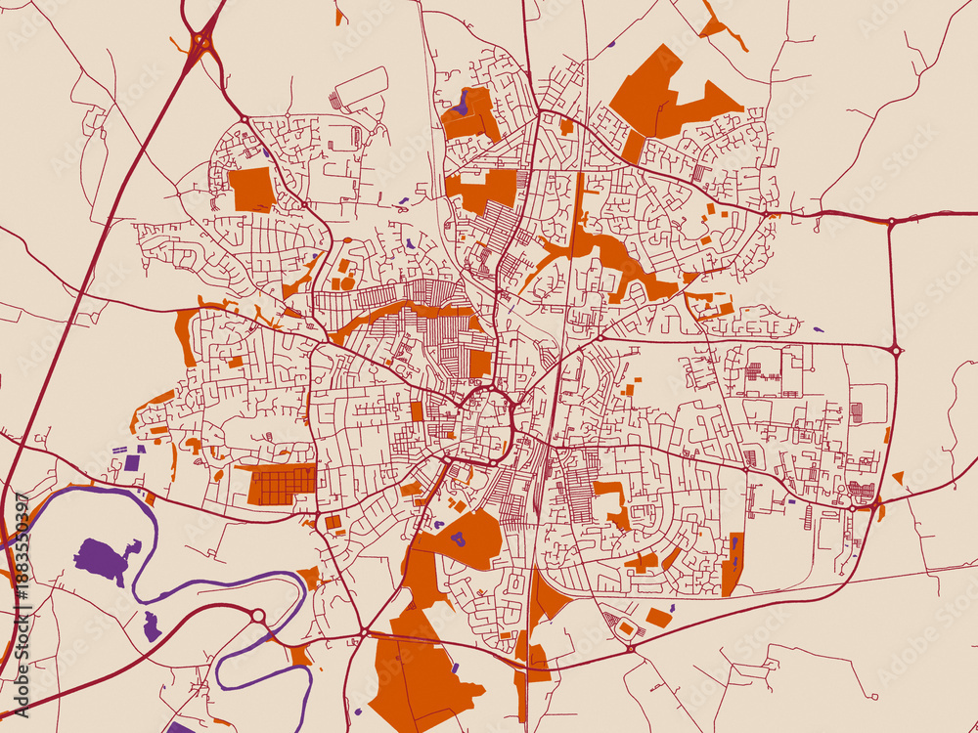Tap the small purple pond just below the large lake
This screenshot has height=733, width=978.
point(151,626)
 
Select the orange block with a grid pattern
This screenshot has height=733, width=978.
point(282,485)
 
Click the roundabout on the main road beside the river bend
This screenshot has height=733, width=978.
point(258,616)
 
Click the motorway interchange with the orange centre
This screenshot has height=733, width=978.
point(201,41)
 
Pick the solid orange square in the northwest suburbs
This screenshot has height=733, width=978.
point(252,189)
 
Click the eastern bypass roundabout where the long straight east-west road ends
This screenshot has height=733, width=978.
point(895,349)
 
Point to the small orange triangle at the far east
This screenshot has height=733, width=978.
point(898,477)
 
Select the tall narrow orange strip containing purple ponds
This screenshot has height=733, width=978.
point(733,564)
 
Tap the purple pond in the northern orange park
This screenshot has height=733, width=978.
point(462,103)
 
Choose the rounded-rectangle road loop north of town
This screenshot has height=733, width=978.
point(359,88)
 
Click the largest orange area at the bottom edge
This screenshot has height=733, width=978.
point(421,674)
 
